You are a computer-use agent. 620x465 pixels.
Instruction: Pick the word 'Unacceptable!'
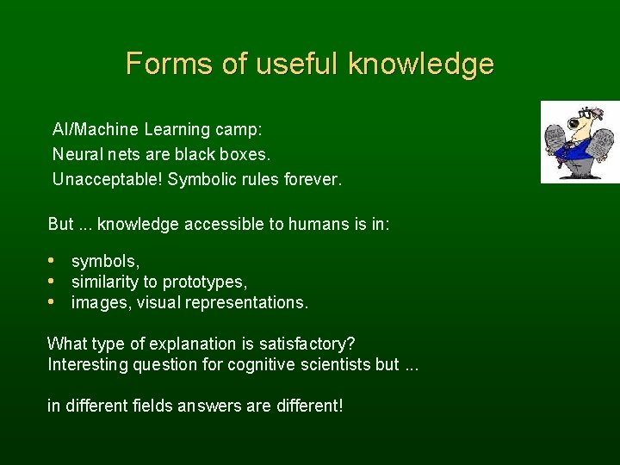pos(108,180)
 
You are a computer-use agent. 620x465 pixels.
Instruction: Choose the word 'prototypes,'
pos(205,282)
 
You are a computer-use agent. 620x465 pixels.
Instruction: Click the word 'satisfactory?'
pos(306,343)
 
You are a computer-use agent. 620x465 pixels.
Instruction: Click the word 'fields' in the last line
pos(156,405)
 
